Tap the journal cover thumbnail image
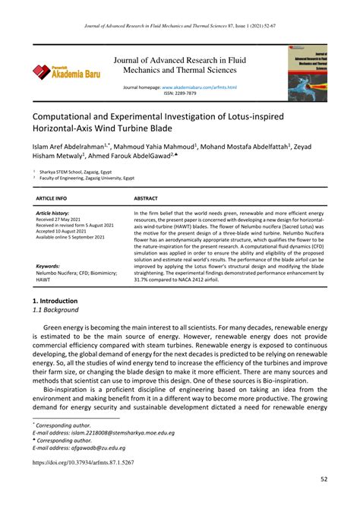(x=306, y=73)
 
